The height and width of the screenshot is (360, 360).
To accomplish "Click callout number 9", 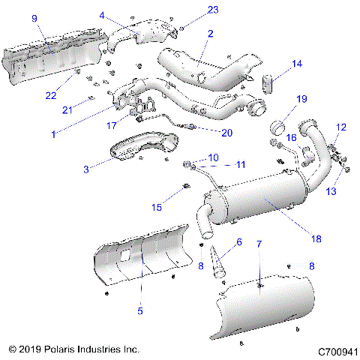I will click(x=34, y=18).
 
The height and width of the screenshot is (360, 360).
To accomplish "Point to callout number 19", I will click(x=302, y=99).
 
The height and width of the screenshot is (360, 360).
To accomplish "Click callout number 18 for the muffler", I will click(x=316, y=239).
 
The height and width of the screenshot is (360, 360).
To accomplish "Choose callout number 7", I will click(x=259, y=244).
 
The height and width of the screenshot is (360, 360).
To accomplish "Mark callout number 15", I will click(x=156, y=206).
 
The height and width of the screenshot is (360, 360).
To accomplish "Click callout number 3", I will click(x=88, y=169).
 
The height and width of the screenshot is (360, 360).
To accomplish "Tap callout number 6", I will click(x=239, y=242).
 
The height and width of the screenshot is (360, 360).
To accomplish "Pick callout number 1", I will click(x=53, y=135).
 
